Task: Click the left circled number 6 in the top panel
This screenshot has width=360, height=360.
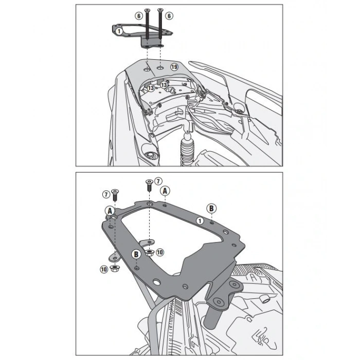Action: [x=139, y=16]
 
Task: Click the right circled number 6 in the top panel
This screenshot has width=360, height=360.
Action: [x=169, y=15]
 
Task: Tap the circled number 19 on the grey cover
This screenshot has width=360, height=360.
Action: [x=174, y=67]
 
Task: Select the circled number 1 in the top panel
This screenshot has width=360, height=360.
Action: [x=119, y=31]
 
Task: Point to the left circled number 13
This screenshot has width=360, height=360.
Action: [x=151, y=88]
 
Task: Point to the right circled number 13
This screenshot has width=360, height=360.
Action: [x=164, y=85]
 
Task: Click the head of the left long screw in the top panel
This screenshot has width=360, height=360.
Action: [x=147, y=10]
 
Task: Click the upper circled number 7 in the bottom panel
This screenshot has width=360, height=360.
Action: [x=158, y=181]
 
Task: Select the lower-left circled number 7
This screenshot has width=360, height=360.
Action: [x=106, y=194]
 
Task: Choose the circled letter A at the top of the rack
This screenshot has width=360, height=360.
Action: [x=165, y=191]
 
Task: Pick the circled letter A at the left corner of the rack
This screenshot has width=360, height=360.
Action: [x=110, y=211]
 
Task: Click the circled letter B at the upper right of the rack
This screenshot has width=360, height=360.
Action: [x=211, y=208]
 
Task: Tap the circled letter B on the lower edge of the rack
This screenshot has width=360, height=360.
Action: [x=136, y=254]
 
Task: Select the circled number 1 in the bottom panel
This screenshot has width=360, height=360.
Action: [x=200, y=221]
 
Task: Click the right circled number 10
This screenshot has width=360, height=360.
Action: [x=160, y=253]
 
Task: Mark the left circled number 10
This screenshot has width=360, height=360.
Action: [x=104, y=269]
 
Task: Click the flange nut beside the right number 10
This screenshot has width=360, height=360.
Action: [x=149, y=253]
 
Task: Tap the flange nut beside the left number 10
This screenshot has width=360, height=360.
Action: [x=114, y=268]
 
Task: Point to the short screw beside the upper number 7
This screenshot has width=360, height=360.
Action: [x=149, y=185]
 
